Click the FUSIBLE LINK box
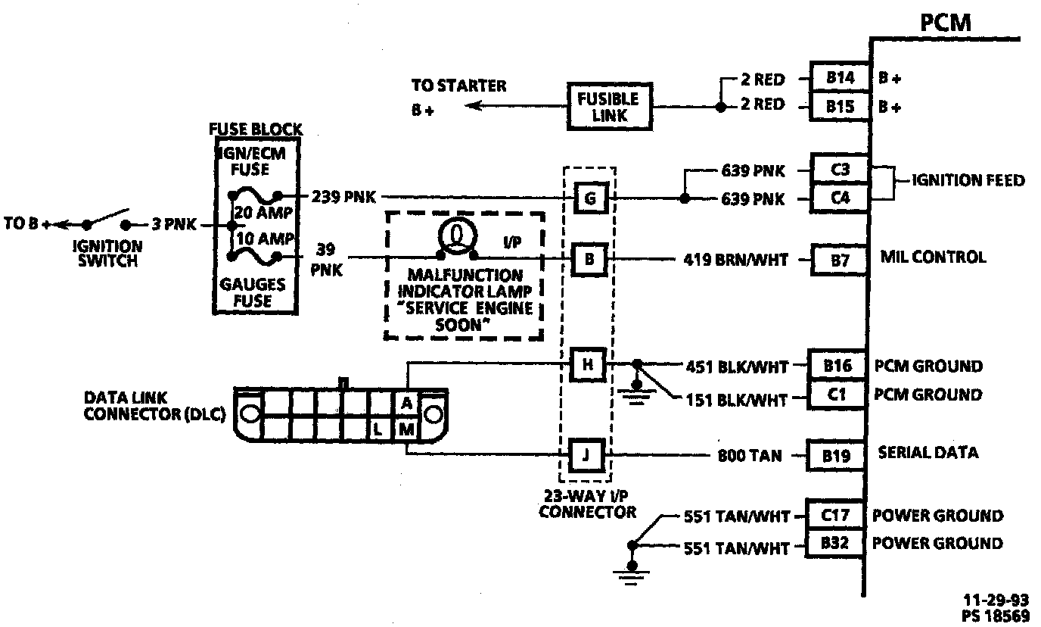[x=609, y=107]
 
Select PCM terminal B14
[x=840, y=77]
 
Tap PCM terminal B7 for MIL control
[x=840, y=260]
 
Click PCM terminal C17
[x=835, y=515]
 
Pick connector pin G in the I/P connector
[x=591, y=198]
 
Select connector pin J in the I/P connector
[x=586, y=454]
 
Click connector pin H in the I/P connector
[x=588, y=365]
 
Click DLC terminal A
[x=407, y=403]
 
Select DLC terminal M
[x=407, y=429]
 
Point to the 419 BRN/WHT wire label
[x=735, y=260]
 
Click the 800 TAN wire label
[x=750, y=455]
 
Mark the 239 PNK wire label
[x=343, y=197]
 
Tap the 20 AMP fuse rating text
[x=263, y=213]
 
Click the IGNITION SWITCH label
[x=107, y=254]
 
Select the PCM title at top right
[x=945, y=22]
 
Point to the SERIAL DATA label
[x=928, y=453]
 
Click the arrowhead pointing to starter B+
[x=473, y=106]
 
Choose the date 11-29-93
[x=996, y=600]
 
